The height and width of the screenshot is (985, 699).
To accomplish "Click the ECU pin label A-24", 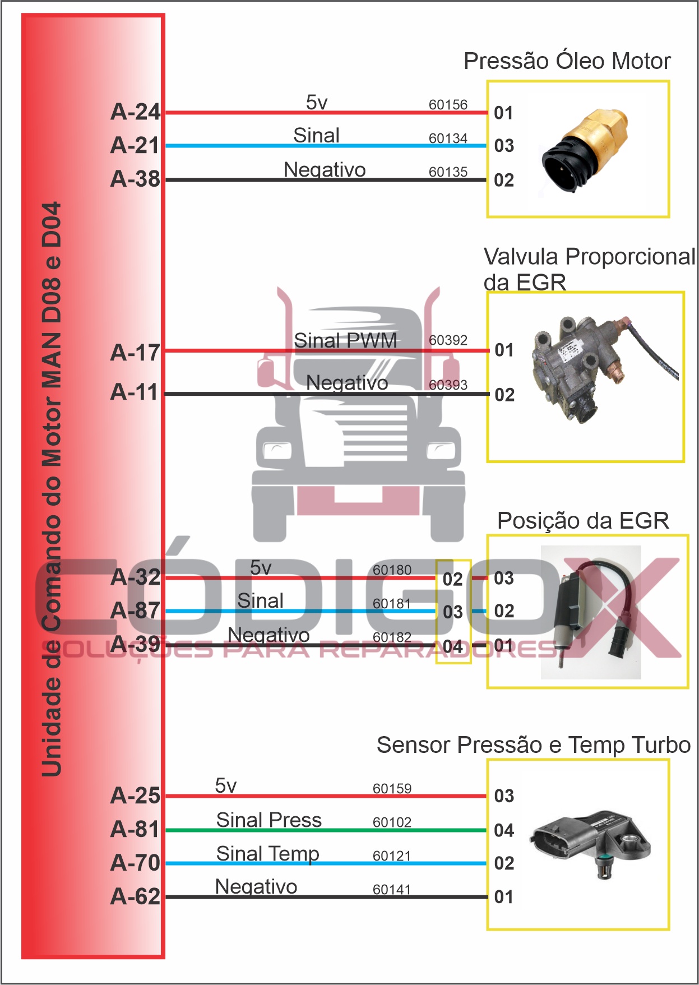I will pos(136,112).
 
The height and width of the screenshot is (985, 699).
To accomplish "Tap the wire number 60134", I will pos(448,138).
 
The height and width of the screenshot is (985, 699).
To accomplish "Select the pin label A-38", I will pos(136,179).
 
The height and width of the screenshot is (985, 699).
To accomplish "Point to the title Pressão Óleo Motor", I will pos(567,61).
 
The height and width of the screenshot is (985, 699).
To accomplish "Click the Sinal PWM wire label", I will pos(345,340).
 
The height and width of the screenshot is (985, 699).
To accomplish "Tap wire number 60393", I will pos(448,385).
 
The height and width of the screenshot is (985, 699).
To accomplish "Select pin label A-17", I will pos(136,353).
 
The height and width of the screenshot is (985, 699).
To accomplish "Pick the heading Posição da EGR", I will pos(583,521).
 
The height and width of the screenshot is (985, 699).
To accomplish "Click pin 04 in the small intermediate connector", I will pos(453,646).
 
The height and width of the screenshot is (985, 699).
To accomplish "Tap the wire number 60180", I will pos(392,570).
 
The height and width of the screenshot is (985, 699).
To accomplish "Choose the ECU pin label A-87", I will pos(136,611).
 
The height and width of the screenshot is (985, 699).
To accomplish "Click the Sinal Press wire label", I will pos(269,820).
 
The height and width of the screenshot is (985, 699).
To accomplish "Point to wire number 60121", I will pos(392,856).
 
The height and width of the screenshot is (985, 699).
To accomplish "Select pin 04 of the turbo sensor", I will pos(504,830).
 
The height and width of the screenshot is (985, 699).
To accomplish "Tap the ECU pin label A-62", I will pos(136,896).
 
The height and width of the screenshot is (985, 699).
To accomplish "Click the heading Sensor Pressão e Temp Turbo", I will pos(534,745).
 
